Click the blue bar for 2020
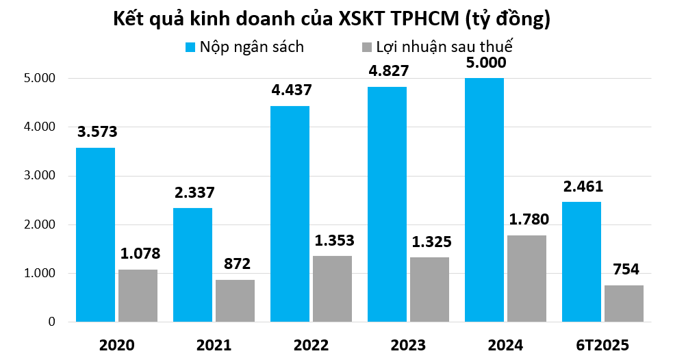click(95, 235)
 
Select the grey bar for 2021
click(235, 300)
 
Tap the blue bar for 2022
click(290, 214)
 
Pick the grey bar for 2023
click(429, 290)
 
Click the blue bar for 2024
click(484, 200)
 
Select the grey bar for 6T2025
click(624, 303)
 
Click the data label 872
click(235, 265)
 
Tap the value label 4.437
click(292, 90)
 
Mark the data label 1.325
click(429, 242)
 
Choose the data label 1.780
click(526, 220)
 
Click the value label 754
click(624, 270)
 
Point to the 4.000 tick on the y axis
click(39, 127)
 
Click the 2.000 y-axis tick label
click(39, 224)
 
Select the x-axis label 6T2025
click(602, 344)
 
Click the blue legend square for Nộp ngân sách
click(191, 47)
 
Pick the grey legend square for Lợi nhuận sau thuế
click(366, 47)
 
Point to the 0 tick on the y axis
click(51, 322)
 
